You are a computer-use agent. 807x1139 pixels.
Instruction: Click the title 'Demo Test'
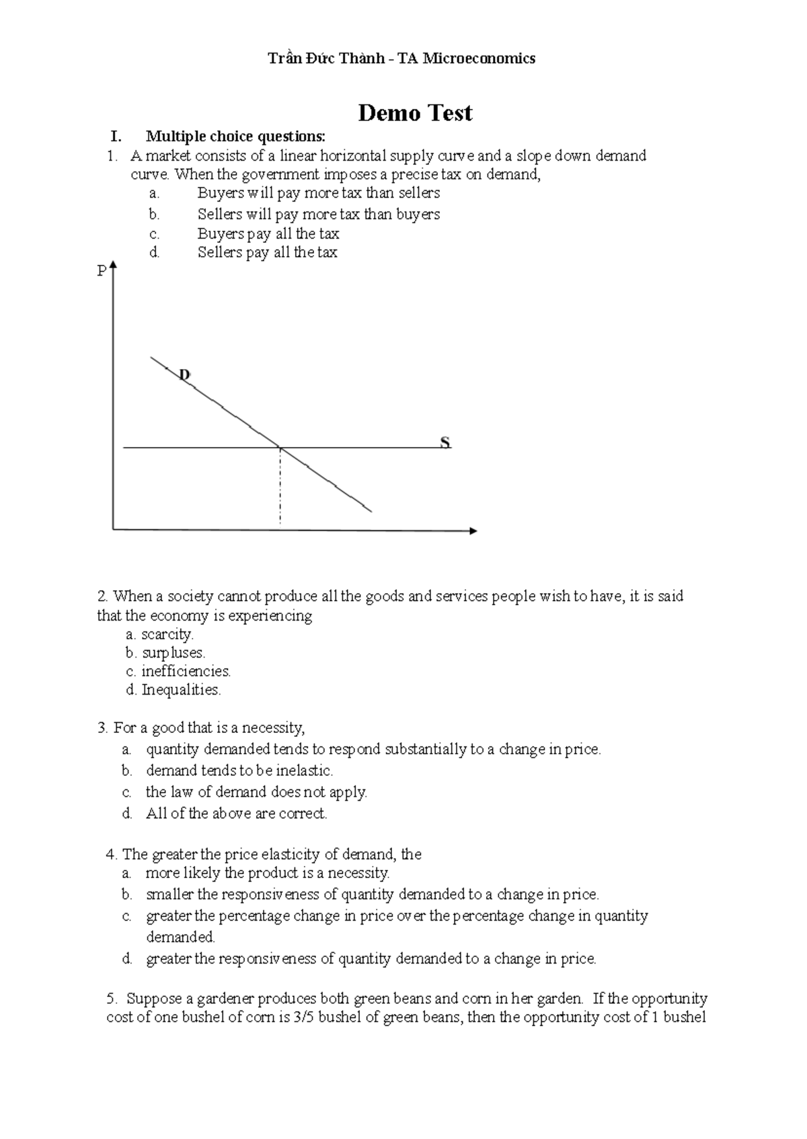pos(414,113)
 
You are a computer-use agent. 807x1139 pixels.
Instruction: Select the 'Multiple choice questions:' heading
pos(235,136)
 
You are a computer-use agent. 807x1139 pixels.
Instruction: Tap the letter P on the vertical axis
pos(102,272)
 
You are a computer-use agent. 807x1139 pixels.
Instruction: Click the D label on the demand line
pos(184,375)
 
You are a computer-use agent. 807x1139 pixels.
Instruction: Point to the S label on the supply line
pos(445,442)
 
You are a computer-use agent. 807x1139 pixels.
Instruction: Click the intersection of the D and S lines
pos(280,447)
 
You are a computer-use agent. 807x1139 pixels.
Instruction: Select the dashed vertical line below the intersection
pos(280,487)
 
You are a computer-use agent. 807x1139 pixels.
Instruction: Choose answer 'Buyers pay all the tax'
pos(268,234)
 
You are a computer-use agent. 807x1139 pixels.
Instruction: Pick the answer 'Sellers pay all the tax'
pos(267,253)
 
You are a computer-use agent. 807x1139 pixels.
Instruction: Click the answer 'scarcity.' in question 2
pos(167,635)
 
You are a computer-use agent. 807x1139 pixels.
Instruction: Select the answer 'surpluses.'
pos(174,653)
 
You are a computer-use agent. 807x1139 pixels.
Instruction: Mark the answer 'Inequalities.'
pos(181,690)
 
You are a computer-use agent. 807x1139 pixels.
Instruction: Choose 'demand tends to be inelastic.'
pos(239,771)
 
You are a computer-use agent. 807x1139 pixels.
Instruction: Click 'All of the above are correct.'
pos(236,814)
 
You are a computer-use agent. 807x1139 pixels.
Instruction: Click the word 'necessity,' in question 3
pos(273,728)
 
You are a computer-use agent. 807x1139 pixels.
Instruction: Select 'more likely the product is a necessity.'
pos(268,873)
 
